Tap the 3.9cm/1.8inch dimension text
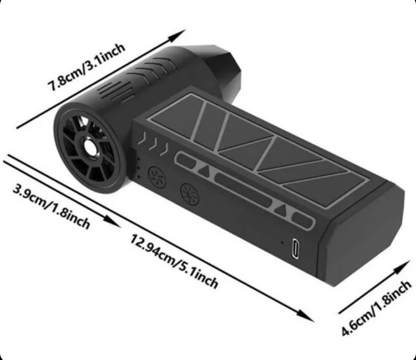click(52, 207)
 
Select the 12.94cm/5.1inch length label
click(174, 261)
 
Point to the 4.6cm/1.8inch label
click(376, 308)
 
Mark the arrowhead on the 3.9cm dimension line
click(112, 221)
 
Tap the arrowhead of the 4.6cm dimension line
click(403, 266)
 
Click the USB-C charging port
click(296, 249)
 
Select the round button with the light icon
click(190, 195)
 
